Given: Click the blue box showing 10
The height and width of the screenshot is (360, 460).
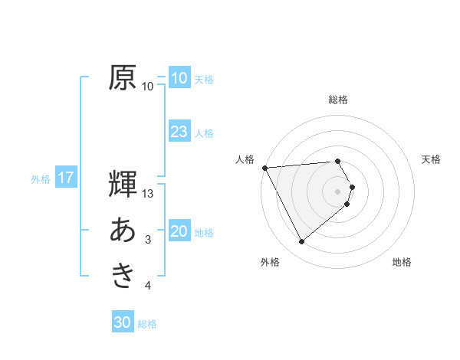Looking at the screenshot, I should (179, 78).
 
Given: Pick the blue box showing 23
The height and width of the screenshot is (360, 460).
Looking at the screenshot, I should (179, 132).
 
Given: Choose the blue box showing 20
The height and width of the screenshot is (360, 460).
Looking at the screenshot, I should (179, 232).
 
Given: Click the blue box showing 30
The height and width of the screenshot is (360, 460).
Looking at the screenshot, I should (123, 322).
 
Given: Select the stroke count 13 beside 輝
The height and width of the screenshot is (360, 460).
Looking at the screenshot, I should (148, 194).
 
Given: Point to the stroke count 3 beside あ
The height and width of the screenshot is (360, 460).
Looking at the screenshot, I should (148, 240).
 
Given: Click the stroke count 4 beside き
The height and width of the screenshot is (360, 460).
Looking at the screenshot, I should (148, 286).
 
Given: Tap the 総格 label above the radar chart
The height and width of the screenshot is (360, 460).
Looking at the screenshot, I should (338, 100).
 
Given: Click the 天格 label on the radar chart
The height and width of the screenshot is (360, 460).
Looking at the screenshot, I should (432, 159).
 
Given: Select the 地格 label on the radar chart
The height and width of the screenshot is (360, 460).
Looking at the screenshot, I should (402, 262).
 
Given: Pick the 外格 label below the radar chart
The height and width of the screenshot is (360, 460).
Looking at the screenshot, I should (270, 262).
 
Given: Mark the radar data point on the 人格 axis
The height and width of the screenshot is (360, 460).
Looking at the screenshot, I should (264, 168).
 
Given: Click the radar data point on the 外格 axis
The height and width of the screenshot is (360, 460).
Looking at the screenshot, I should (301, 242).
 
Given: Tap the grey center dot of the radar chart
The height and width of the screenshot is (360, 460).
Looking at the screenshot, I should (338, 190).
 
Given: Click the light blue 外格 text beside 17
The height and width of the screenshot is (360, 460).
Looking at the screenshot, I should (41, 179).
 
